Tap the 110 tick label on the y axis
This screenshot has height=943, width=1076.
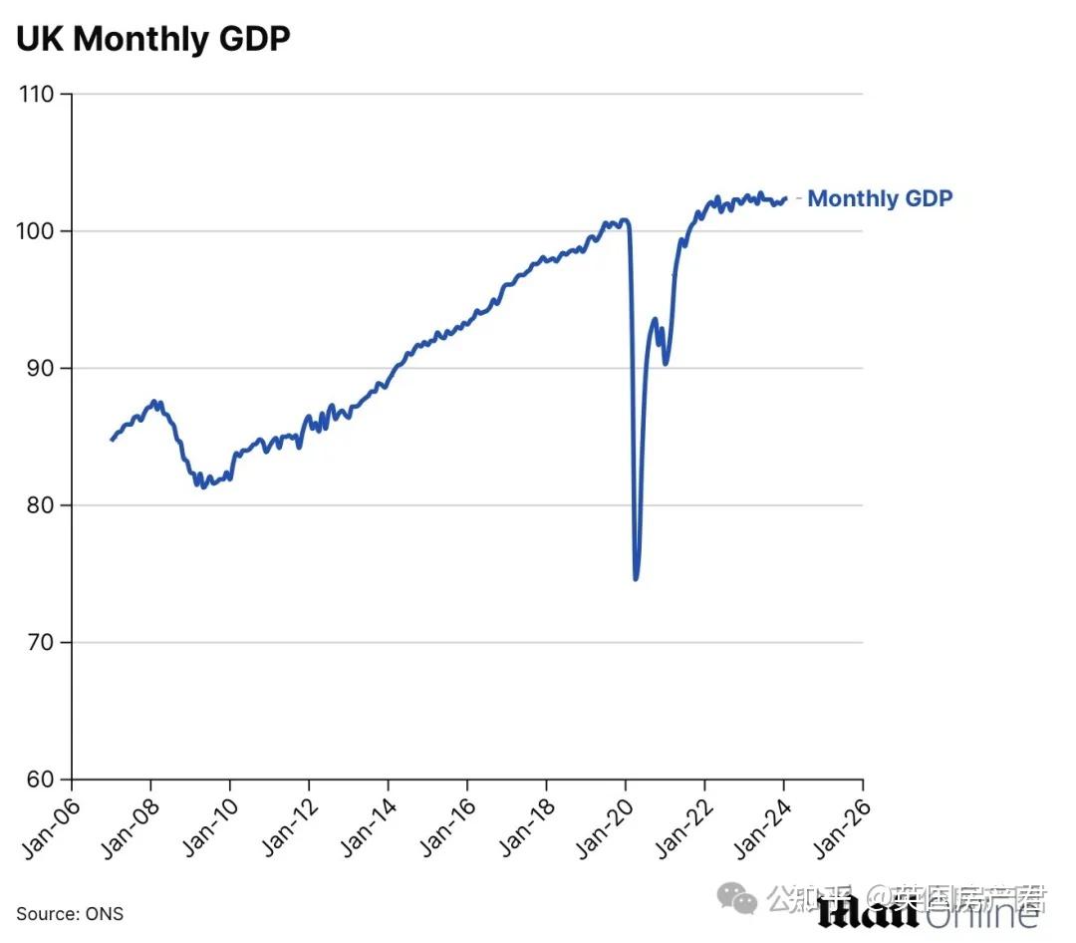38,95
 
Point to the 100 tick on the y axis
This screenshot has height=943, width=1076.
38,231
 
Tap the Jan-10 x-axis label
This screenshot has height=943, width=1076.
207,825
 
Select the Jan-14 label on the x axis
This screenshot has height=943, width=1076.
366,825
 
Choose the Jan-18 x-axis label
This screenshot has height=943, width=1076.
524,825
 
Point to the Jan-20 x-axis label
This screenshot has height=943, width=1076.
603,825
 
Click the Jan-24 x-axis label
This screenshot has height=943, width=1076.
761,825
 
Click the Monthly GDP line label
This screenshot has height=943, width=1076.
879,198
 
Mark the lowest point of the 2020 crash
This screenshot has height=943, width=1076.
636,577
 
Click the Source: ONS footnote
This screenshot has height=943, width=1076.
70,914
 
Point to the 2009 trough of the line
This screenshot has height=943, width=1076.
203,485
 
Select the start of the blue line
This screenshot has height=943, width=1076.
112,439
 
